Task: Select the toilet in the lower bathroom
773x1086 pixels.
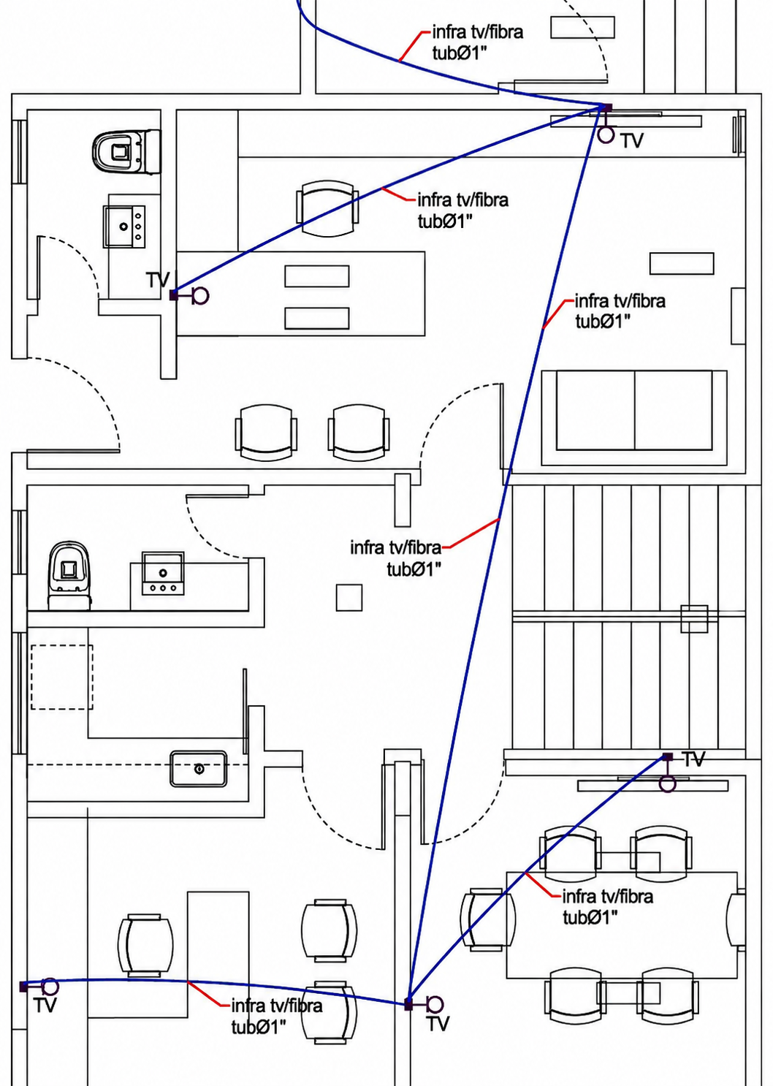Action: click(x=69, y=575)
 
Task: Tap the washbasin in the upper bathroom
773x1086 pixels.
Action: click(x=124, y=227)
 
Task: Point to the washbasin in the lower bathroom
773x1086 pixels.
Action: click(x=163, y=573)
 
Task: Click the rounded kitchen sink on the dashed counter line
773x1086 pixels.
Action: click(x=198, y=768)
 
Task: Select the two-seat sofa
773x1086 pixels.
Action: click(x=634, y=417)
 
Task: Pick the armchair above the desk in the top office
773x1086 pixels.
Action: click(x=327, y=208)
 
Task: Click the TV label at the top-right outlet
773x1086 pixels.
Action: click(x=632, y=141)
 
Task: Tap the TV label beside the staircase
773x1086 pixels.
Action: click(x=693, y=759)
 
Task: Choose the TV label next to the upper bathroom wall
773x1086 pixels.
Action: click(x=158, y=280)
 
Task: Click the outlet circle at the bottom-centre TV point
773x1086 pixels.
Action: click(x=435, y=1005)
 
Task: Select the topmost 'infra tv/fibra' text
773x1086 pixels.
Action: click(x=477, y=32)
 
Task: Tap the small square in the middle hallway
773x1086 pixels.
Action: click(x=349, y=597)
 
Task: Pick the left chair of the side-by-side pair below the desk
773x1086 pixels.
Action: click(x=266, y=433)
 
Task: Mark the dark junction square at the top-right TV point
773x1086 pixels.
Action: click(x=606, y=107)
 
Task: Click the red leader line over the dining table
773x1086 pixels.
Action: click(x=544, y=885)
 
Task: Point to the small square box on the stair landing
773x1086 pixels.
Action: click(x=694, y=618)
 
